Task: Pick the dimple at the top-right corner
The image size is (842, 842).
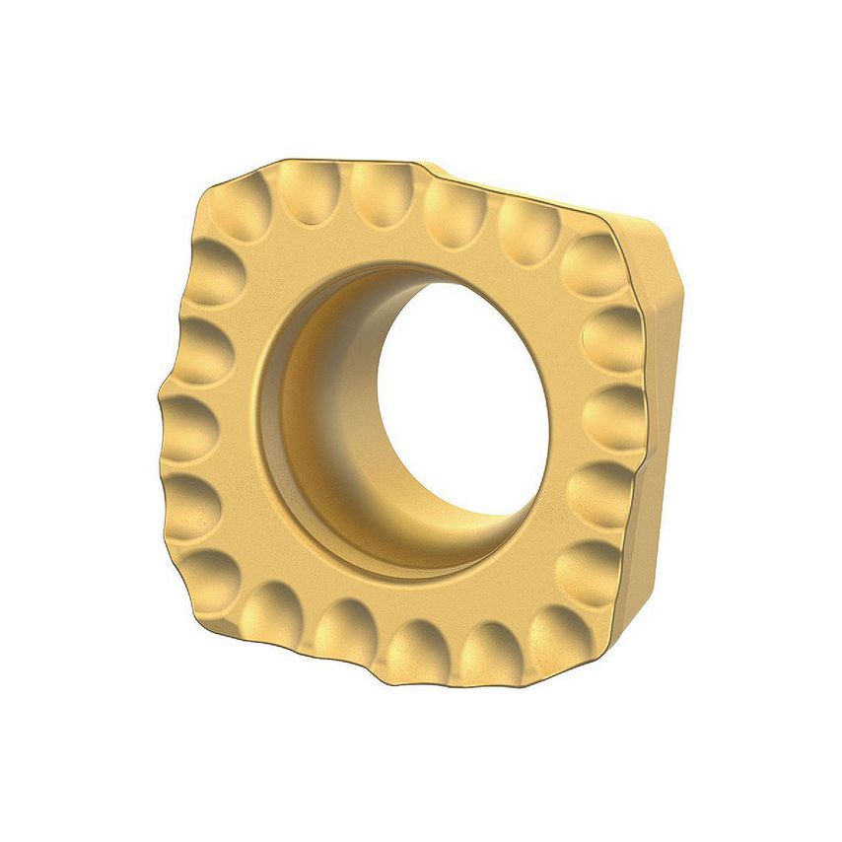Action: (x=592, y=261)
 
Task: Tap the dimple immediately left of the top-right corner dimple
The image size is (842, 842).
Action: (x=528, y=233)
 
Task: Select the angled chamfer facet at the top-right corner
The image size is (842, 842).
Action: (x=651, y=246)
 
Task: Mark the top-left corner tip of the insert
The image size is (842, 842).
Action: (x=212, y=187)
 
